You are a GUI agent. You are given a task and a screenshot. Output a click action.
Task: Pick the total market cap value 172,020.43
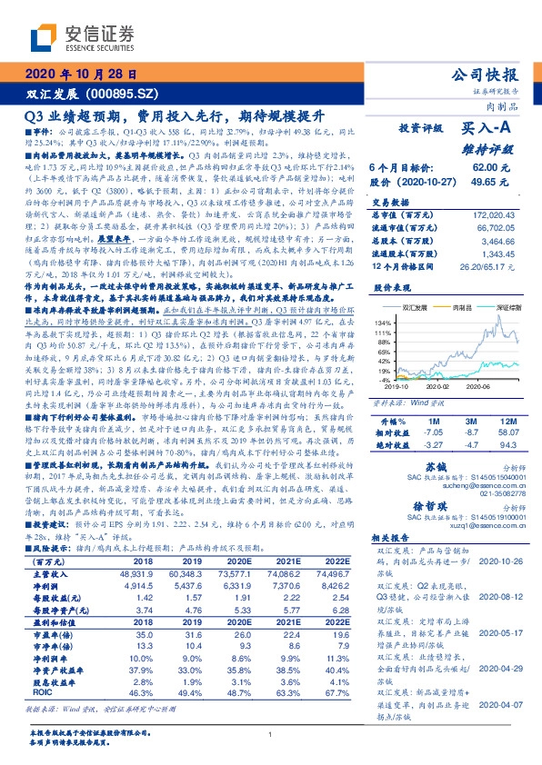pyautogui.click(x=496, y=213)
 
